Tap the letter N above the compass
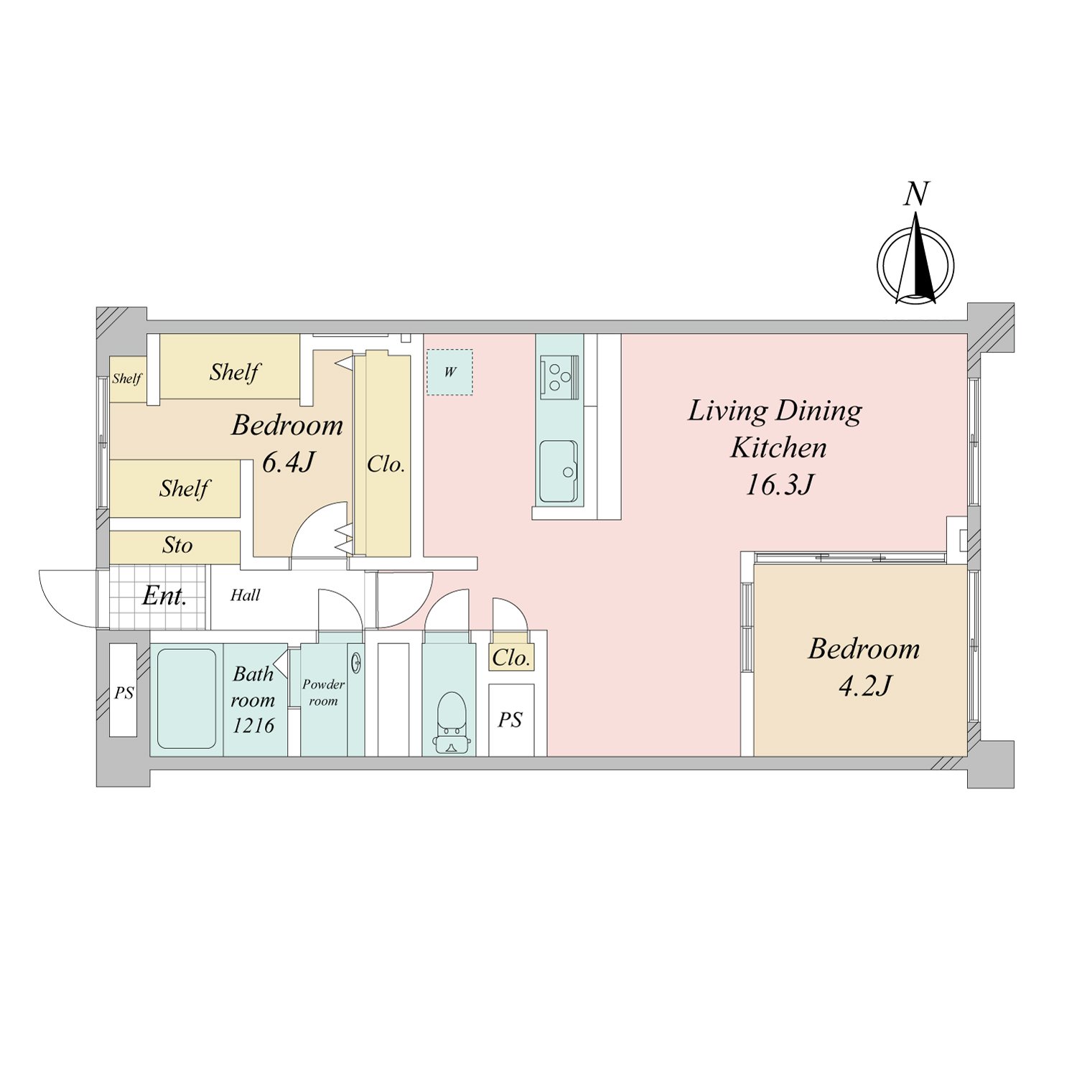[x=916, y=194]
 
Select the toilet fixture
[x=452, y=722]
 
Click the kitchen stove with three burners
[x=559, y=377]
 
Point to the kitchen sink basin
[x=559, y=471]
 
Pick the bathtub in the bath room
[x=187, y=699]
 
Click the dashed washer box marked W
[x=450, y=372]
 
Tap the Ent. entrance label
[x=164, y=596]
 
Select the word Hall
[x=246, y=595]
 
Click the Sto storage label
[x=177, y=546]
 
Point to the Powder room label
[x=324, y=693]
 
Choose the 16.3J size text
[x=779, y=485]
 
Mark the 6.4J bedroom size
[x=288, y=462]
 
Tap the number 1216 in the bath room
[x=253, y=725]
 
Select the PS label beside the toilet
[x=510, y=719]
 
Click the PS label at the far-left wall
[x=124, y=693]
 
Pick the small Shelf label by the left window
[x=127, y=378]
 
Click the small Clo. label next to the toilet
[x=511, y=658]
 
